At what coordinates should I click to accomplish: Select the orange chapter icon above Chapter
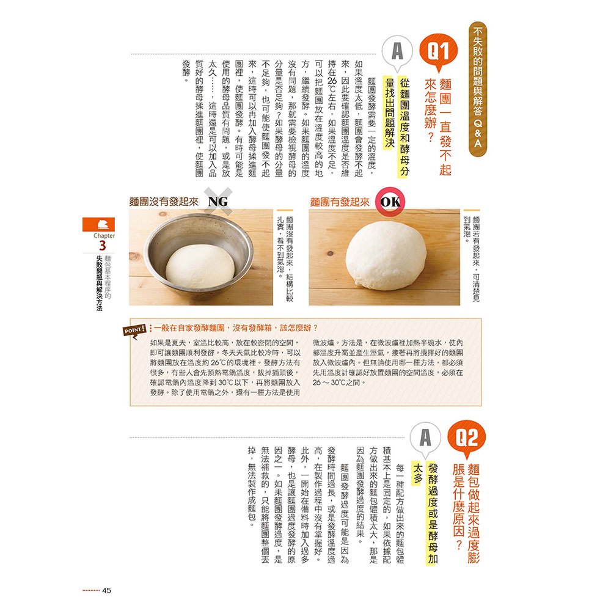[98, 224]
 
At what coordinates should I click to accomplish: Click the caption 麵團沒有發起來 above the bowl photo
[163, 202]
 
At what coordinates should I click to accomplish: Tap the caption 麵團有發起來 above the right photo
[339, 202]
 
